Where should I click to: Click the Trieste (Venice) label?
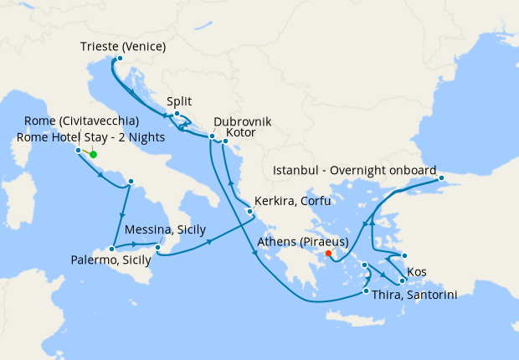click(123, 46)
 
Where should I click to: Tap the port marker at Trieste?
click(120, 59)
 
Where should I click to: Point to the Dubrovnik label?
click(243, 121)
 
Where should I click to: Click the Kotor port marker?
click(225, 141)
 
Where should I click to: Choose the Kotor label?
click(241, 133)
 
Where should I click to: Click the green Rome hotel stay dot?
click(93, 154)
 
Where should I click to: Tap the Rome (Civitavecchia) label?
click(81, 121)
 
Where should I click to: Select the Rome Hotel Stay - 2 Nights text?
click(90, 137)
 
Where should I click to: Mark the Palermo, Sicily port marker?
click(111, 249)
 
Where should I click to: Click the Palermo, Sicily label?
click(111, 261)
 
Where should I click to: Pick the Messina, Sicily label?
click(165, 229)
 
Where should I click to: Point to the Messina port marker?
click(158, 246)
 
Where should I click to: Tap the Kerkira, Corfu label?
click(294, 201)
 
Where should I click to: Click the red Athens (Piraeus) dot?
click(328, 253)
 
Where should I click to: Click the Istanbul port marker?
click(441, 178)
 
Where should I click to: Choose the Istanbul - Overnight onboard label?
click(355, 170)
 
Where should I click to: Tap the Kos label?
click(416, 273)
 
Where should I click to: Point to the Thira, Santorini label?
click(415, 295)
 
